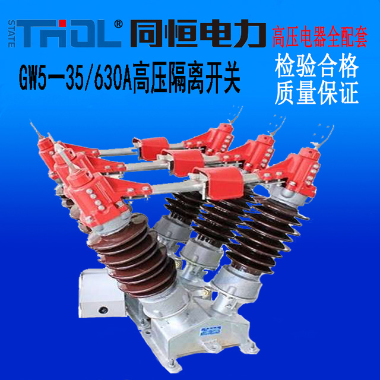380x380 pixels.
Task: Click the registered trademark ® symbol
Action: (x=119, y=24)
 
